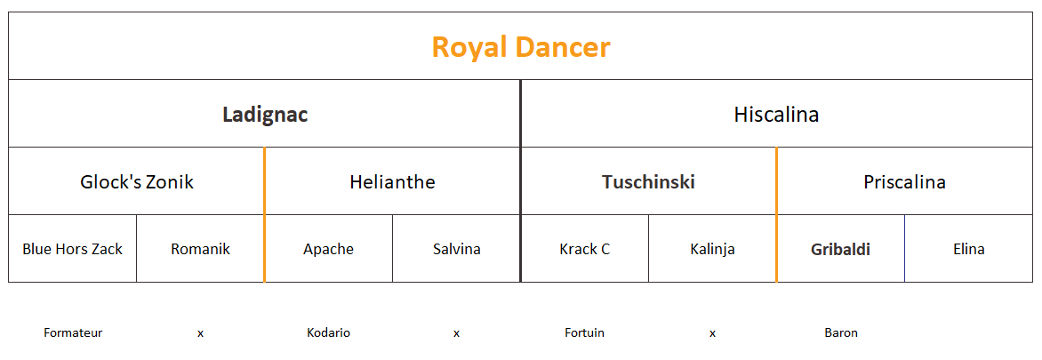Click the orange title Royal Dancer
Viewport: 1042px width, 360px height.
[x=520, y=47]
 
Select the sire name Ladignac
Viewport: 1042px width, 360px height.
[x=265, y=115]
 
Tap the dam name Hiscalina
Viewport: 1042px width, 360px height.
[x=776, y=115]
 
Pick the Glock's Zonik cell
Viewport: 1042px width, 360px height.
[x=137, y=182]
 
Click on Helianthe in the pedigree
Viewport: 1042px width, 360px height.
[x=392, y=182]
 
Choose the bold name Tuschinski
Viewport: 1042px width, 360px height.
[x=649, y=182]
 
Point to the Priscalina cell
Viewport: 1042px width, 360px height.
[x=904, y=182]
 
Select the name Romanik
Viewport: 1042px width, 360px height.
[x=200, y=250]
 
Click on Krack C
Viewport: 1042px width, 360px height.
[x=585, y=250]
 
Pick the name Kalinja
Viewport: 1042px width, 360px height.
[x=712, y=250]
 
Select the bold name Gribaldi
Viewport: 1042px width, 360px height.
[x=841, y=250]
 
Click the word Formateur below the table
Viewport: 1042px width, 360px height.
[x=73, y=332]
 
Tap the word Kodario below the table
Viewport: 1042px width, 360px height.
[x=328, y=332]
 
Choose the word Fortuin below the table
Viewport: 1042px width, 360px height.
[x=585, y=332]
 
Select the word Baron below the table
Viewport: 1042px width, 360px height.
[x=841, y=332]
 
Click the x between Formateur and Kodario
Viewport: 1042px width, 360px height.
[x=200, y=333]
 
